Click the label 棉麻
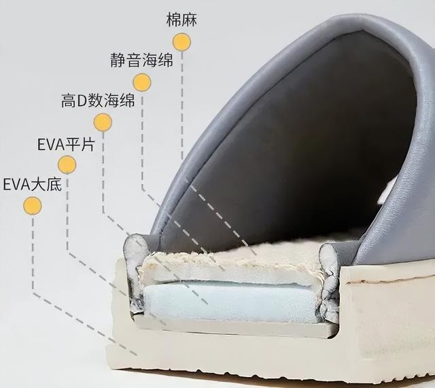tap(181, 19)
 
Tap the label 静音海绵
tap(141, 60)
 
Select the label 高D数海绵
tap(97, 101)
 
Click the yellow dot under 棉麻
tap(181, 42)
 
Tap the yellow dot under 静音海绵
tap(142, 82)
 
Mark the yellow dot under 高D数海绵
tap(103, 122)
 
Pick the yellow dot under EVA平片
tap(67, 164)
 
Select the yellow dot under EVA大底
tap(32, 205)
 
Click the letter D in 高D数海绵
tap(83, 102)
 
